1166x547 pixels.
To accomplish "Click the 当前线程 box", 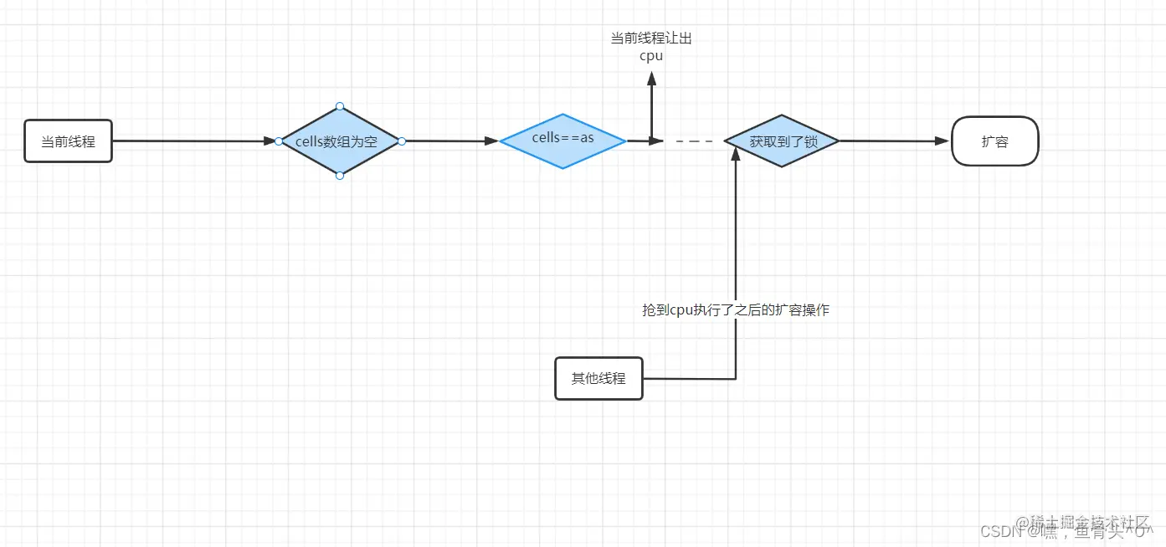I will (x=68, y=141).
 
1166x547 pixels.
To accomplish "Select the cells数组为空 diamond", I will (x=339, y=141).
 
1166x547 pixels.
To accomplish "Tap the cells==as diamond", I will (x=562, y=141).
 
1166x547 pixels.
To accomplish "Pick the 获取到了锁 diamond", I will (x=782, y=141).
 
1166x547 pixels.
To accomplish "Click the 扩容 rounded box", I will (x=994, y=141).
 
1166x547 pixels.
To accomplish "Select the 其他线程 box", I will (x=598, y=378).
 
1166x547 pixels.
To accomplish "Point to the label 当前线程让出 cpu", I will (x=651, y=47).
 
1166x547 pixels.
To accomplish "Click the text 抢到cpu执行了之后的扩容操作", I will (x=735, y=310).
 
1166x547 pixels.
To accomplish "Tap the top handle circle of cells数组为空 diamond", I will (x=339, y=106).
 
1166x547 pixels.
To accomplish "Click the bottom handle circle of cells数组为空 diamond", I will (x=339, y=176).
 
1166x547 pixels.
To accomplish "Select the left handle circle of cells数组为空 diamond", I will (x=278, y=141).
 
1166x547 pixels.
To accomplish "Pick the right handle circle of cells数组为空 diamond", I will (x=402, y=141).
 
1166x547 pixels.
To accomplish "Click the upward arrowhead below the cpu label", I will (x=651, y=79).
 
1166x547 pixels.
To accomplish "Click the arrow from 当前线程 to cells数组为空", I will (x=193, y=141).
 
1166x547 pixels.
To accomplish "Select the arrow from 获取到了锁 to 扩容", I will (x=894, y=141).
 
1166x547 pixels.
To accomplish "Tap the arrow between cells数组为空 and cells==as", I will (x=450, y=141).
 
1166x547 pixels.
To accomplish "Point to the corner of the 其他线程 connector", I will (x=736, y=379).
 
